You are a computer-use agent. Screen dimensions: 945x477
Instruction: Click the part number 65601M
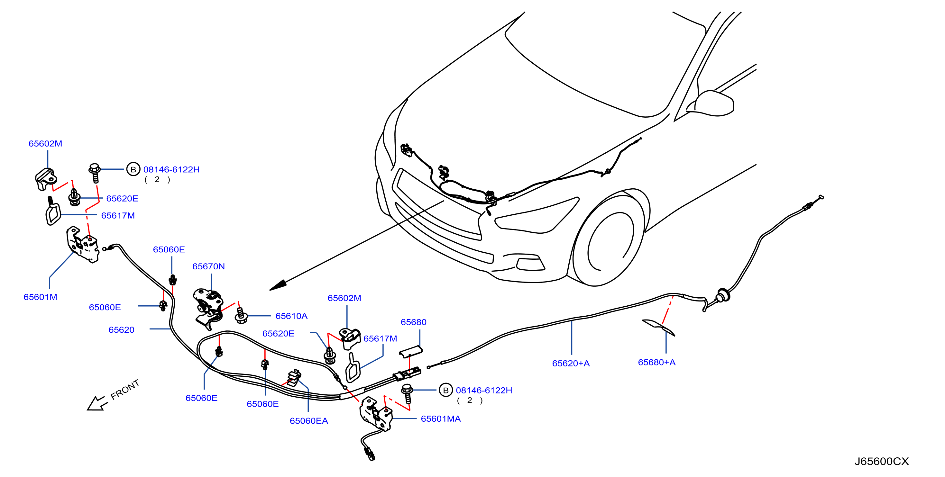tap(40, 297)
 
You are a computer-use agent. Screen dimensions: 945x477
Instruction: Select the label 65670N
tap(208, 266)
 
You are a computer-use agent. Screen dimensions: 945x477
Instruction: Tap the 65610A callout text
tap(291, 316)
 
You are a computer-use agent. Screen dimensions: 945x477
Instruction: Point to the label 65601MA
tap(441, 419)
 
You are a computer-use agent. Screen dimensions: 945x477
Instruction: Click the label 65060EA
tap(309, 421)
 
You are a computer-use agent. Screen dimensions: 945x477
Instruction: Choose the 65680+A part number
tap(657, 362)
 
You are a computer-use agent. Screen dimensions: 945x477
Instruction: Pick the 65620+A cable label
tap(571, 363)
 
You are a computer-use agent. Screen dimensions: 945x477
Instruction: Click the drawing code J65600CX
tap(882, 461)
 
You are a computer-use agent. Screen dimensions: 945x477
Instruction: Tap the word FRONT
tap(125, 389)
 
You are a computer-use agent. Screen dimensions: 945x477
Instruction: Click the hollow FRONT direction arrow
tap(97, 404)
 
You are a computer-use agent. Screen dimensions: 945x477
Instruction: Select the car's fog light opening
tap(530, 264)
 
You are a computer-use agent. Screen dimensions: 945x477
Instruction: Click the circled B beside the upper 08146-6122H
tap(133, 169)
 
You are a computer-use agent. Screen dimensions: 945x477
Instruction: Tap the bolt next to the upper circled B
tap(95, 173)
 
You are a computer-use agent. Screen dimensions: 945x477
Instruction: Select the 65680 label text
tap(413, 322)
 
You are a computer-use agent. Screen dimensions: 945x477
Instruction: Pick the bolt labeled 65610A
tap(241, 316)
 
